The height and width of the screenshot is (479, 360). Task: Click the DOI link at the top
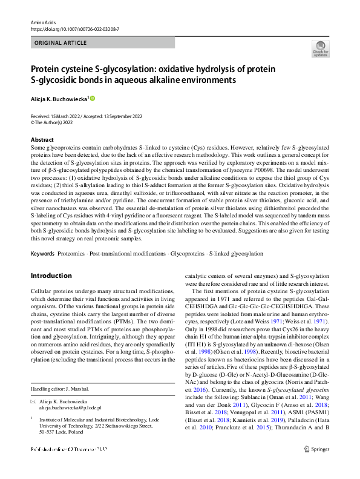pos(74,28)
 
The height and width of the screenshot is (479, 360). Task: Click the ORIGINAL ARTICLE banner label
pos(59,43)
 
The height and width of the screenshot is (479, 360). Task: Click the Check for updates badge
pos(320,50)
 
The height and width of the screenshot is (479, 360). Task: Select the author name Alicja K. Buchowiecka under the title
pos(59,98)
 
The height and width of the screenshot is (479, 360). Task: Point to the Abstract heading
pos(42,139)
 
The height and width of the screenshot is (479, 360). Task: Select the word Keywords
pos(42,253)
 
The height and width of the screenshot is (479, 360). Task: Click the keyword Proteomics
pos(72,253)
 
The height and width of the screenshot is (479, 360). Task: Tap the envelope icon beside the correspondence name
pos(33,401)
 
